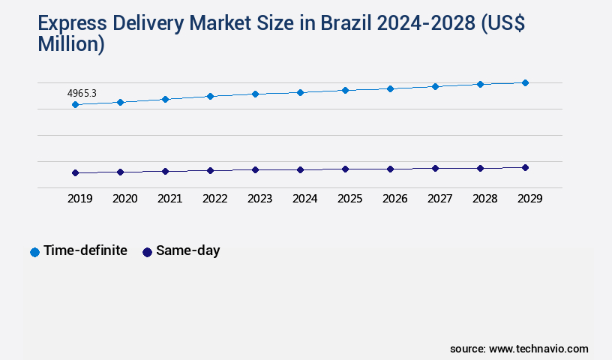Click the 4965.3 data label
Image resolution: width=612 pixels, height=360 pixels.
[x=82, y=94]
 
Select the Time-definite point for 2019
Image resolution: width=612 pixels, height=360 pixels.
[x=75, y=104]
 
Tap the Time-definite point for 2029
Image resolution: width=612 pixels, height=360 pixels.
[x=525, y=82]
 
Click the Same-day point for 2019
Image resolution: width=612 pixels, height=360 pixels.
[x=75, y=172]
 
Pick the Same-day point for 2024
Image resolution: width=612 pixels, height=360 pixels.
[x=300, y=169]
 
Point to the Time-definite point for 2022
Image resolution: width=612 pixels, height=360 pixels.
[x=210, y=96]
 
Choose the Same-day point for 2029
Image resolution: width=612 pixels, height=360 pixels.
[x=525, y=167]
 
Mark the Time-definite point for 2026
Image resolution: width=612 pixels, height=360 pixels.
[x=390, y=88]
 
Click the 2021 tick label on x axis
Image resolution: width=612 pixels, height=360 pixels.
[x=169, y=199]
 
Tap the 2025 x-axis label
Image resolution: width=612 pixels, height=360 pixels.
[x=349, y=199]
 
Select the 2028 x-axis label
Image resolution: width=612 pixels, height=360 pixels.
[x=484, y=199]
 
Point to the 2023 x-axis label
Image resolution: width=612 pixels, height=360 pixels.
[x=259, y=199]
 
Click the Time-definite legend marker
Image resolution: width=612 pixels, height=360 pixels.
[x=34, y=252]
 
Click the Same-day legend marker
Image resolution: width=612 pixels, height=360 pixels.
[x=147, y=252]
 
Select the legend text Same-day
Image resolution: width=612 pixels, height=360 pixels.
[x=187, y=250]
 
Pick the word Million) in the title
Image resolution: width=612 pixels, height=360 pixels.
[x=71, y=44]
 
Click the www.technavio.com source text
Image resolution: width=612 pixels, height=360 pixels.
[x=538, y=349]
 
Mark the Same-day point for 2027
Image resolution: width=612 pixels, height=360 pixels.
[x=435, y=168]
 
